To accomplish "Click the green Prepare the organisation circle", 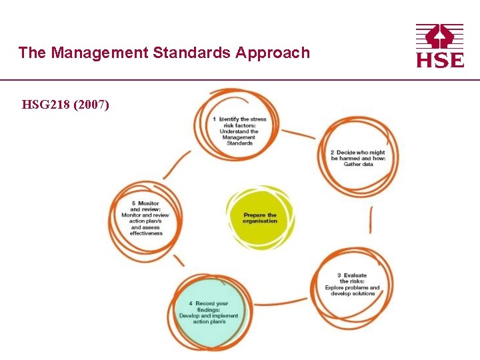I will coord(260,218).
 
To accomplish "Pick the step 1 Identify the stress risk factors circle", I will coord(239,127).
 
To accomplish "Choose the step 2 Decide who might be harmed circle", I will coord(358,157).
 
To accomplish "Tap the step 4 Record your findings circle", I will coord(211,313).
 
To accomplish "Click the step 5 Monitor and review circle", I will coord(146,218).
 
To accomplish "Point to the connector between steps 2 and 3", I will coord(371,220).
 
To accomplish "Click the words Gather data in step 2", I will coord(358,164).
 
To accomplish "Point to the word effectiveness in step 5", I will coord(146,233).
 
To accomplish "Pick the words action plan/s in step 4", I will coord(209,321).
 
